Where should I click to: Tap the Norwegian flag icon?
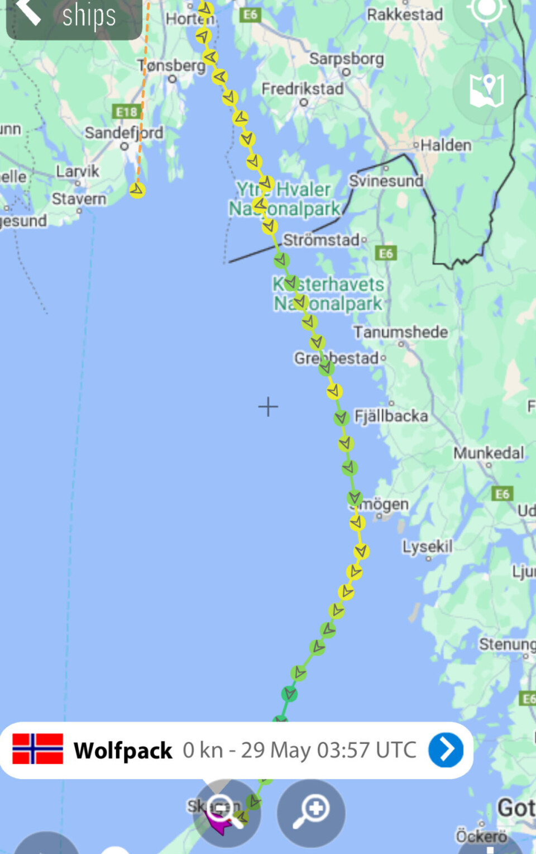pyautogui.click(x=37, y=749)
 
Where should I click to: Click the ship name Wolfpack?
pyautogui.click(x=123, y=751)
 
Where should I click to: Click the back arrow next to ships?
pyautogui.click(x=28, y=12)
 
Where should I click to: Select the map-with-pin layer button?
pyautogui.click(x=486, y=91)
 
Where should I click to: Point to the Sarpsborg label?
pyautogui.click(x=346, y=59)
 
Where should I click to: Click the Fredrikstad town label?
pyautogui.click(x=303, y=89)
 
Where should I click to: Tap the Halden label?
pyautogui.click(x=446, y=145)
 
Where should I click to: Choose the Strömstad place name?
pyautogui.click(x=322, y=240)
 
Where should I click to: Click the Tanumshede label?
pyautogui.click(x=400, y=332)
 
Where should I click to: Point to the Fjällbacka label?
pyautogui.click(x=391, y=416)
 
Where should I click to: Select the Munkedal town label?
pyautogui.click(x=489, y=453)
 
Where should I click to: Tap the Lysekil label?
pyautogui.click(x=427, y=546)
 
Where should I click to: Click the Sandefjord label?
pyautogui.click(x=124, y=133)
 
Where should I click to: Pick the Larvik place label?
pyautogui.click(x=78, y=171)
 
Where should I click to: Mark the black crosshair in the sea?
pyautogui.click(x=268, y=406)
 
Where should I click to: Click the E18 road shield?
pyautogui.click(x=127, y=112)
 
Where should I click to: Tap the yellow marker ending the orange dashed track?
pyautogui.click(x=137, y=190)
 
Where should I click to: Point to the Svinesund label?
pyautogui.click(x=386, y=181)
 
